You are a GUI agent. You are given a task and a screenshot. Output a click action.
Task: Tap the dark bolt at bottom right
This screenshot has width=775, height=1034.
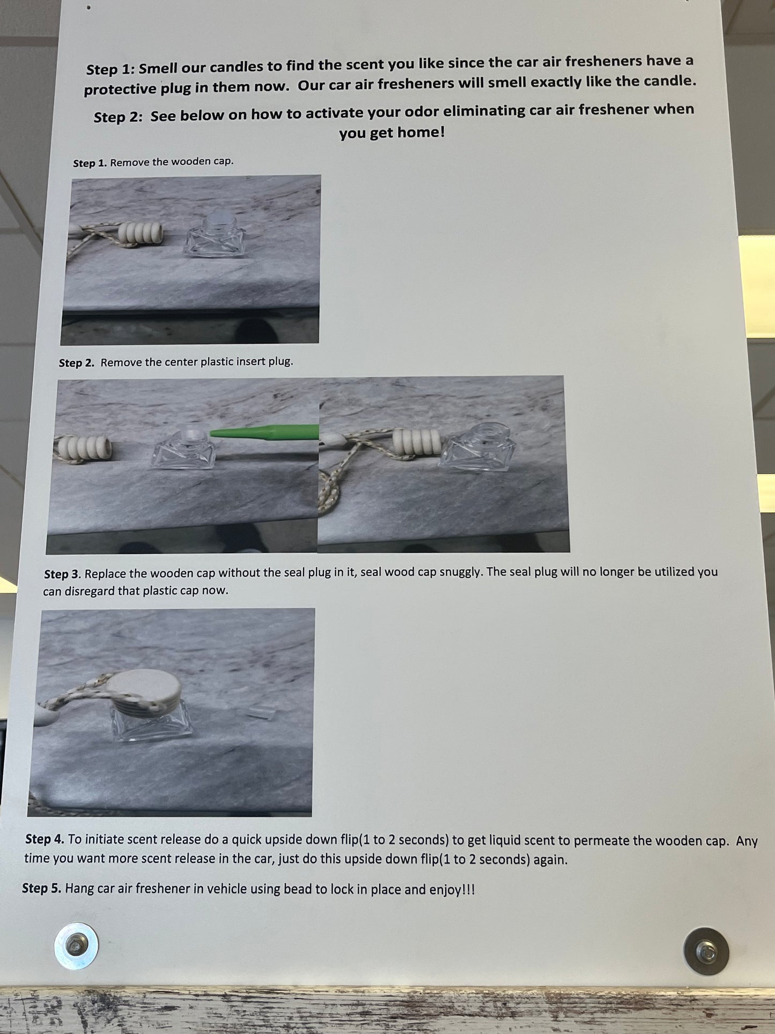point(706,951)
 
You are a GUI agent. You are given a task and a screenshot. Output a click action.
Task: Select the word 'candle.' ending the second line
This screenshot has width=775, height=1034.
point(670,81)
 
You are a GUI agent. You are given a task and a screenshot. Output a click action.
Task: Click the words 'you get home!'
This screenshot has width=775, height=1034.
point(392,132)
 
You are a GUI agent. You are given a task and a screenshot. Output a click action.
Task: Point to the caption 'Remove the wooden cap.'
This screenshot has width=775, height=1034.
point(172,162)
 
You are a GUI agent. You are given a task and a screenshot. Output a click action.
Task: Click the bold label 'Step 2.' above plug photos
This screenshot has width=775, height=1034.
point(77,363)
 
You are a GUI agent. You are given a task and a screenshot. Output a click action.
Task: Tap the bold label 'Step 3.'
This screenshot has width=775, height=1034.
point(63,574)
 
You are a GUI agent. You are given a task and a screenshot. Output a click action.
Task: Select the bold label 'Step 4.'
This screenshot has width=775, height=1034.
point(45,839)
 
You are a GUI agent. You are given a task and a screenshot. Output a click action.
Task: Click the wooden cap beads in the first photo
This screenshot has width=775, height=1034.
point(141,233)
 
